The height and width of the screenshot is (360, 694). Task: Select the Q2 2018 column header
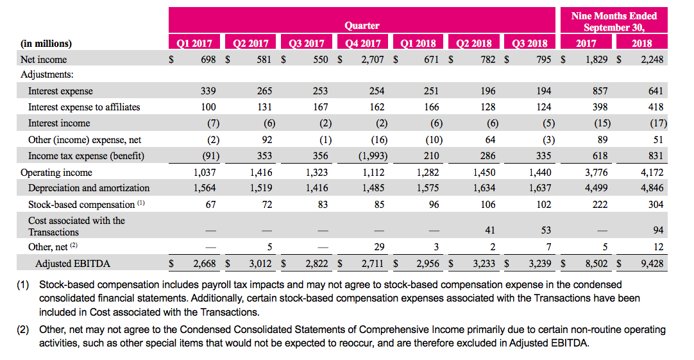(473, 43)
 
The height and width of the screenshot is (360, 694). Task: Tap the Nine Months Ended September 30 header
(614, 22)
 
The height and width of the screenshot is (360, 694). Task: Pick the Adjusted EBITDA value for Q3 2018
(540, 264)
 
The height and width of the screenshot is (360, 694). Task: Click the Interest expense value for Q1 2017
(208, 90)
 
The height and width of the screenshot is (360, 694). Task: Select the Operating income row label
(56, 172)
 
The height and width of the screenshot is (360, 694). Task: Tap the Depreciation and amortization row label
(89, 188)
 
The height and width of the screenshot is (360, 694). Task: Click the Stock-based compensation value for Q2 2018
(487, 204)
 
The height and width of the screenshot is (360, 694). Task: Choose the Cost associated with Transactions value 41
(489, 230)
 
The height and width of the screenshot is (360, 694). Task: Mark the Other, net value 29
(379, 246)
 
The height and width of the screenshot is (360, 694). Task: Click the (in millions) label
(46, 44)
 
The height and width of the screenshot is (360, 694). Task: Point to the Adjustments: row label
(47, 74)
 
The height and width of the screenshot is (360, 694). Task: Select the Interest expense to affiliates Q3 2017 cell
(321, 107)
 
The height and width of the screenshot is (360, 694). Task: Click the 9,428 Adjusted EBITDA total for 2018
(652, 264)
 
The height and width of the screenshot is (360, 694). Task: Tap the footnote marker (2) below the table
(22, 329)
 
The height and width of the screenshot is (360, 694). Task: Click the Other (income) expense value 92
(267, 139)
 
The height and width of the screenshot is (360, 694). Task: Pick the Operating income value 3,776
(596, 172)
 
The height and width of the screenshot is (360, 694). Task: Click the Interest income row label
(59, 123)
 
